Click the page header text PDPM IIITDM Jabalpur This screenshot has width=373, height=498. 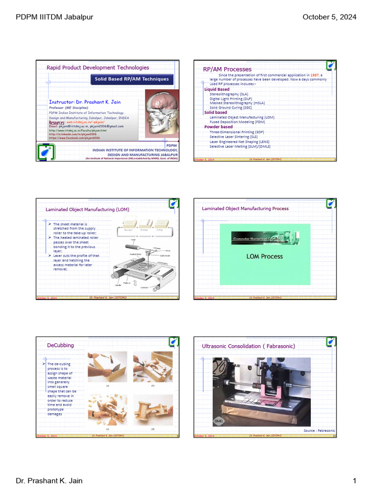point(54,18)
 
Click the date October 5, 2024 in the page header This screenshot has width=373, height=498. point(329,18)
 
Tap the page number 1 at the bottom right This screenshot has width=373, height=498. point(355,481)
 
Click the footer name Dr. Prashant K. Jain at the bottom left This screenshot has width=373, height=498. point(49,481)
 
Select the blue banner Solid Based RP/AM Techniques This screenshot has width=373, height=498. point(132,79)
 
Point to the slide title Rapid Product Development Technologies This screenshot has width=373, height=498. point(98,68)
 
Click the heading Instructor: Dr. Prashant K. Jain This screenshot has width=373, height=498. point(85,102)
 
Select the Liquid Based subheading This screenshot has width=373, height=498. point(217,89)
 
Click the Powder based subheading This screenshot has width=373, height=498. point(218,127)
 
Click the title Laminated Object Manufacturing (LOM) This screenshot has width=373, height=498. point(87,210)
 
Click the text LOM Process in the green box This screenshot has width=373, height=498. point(265,256)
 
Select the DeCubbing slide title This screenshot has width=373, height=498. point(60,345)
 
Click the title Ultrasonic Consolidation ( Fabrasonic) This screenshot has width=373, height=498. point(248,346)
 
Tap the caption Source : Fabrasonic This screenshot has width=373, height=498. point(319,431)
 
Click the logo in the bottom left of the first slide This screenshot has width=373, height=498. point(46,151)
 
